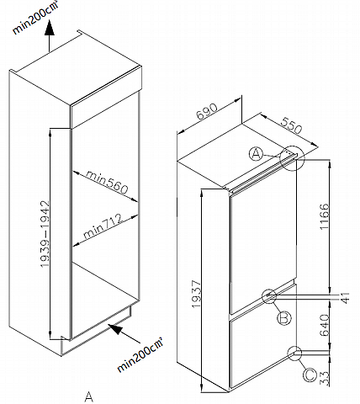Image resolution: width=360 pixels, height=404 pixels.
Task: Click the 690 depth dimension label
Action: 207,112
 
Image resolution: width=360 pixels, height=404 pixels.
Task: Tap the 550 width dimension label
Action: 292,125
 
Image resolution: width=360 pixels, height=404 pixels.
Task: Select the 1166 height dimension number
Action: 324,216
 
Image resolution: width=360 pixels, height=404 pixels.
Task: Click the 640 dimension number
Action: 325,325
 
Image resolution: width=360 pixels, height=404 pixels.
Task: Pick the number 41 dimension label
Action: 346,298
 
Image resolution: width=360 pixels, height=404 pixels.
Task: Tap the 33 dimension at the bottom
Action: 325,379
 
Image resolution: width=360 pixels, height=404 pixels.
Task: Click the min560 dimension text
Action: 107,183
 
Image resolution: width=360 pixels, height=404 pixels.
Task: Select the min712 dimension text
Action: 103,226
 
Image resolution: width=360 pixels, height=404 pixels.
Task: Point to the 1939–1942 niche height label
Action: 45,234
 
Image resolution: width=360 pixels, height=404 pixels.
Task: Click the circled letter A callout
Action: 256,154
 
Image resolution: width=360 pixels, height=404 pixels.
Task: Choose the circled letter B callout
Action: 284,318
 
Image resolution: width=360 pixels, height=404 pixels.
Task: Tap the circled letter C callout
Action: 310,375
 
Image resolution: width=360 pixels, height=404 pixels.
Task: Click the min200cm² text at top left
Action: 36,18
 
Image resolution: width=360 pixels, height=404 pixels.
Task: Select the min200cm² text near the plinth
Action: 140,355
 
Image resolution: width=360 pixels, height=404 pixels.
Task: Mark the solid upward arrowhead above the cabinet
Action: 50,28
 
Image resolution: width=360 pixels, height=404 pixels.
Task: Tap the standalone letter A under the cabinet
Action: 89,396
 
